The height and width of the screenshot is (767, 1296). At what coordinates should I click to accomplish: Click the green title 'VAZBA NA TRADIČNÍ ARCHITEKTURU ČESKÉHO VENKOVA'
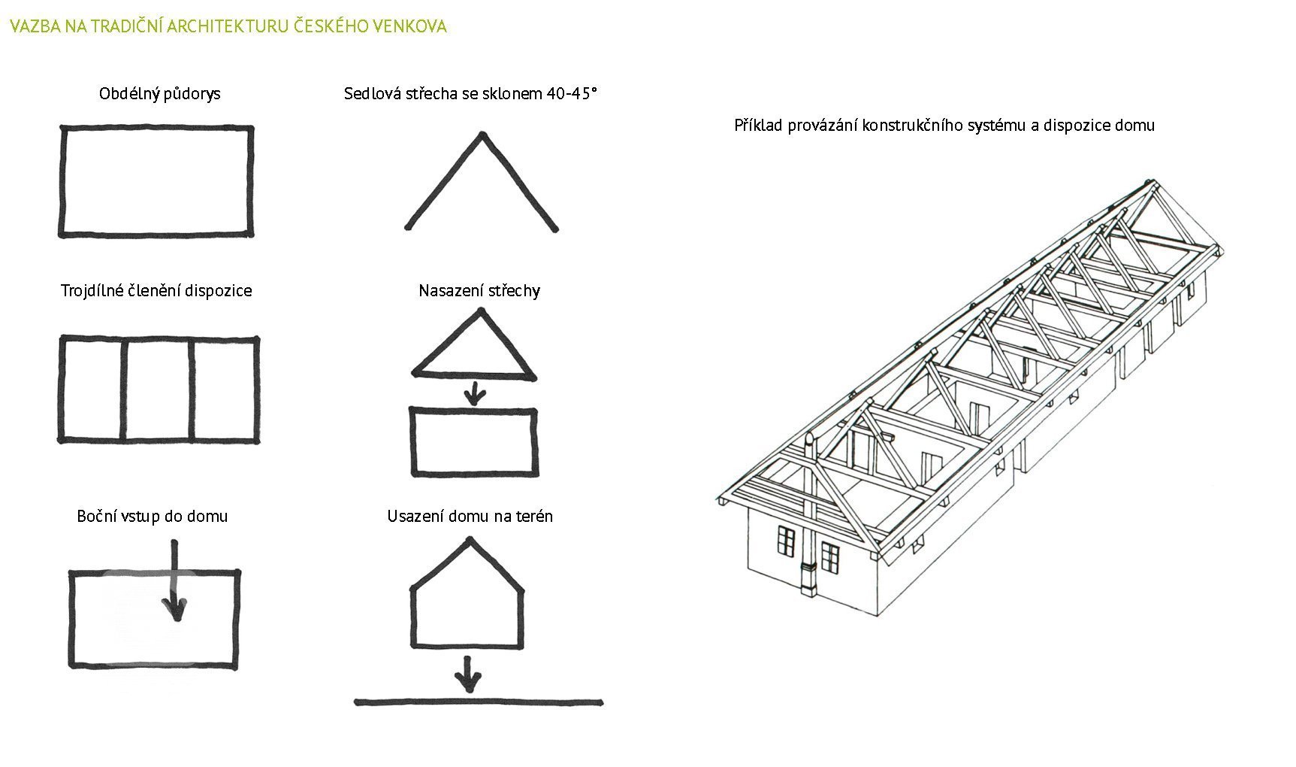[228, 27]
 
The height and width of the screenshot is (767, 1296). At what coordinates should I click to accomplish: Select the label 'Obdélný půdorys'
[159, 94]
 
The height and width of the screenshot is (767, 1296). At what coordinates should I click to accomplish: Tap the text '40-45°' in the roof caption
[571, 94]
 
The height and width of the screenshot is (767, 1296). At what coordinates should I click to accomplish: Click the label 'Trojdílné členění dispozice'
[156, 291]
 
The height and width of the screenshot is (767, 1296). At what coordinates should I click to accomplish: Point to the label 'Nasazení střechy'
[479, 291]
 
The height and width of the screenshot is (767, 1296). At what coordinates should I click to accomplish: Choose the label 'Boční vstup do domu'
[152, 517]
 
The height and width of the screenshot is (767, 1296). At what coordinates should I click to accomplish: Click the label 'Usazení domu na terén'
[470, 517]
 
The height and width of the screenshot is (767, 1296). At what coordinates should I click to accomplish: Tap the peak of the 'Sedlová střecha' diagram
[482, 136]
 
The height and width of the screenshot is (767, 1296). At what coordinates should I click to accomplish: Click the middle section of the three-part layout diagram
[156, 389]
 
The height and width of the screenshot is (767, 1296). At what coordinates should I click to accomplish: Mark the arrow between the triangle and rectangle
[473, 393]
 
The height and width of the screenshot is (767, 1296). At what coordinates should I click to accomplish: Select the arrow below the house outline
[468, 675]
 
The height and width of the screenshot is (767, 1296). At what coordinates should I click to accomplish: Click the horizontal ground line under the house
[479, 703]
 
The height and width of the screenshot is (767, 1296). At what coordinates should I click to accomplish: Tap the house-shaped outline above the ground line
[467, 598]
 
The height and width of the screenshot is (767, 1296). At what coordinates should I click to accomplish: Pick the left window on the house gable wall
[786, 541]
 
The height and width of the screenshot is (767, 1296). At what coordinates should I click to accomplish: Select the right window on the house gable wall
[829, 556]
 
